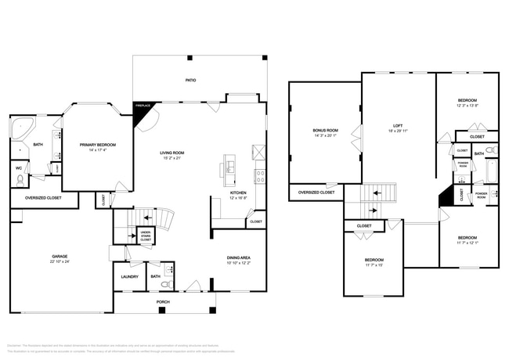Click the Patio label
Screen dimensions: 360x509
pyautogui.click(x=190, y=80)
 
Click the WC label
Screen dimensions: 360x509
pyautogui.click(x=18, y=168)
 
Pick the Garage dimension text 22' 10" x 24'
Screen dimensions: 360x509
pyautogui.click(x=60, y=261)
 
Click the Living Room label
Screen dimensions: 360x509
pyautogui.click(x=171, y=153)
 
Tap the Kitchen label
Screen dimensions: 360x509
pyautogui.click(x=238, y=193)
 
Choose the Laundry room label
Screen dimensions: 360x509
pyautogui.click(x=129, y=276)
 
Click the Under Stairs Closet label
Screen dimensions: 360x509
pyautogui.click(x=146, y=234)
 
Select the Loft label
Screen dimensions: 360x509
pyautogui.click(x=398, y=126)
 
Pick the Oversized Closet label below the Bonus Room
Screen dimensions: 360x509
pyautogui.click(x=316, y=192)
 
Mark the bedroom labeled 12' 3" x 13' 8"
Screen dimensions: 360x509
pyautogui.click(x=467, y=106)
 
